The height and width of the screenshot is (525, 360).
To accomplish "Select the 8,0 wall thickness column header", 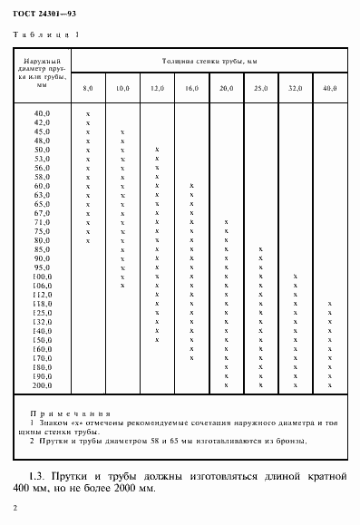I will click(88, 88).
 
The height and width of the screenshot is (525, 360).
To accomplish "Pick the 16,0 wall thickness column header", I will click(191, 88).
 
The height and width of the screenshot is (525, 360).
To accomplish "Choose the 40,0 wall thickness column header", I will click(329, 88).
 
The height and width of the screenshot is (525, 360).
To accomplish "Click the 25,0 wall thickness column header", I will click(260, 88).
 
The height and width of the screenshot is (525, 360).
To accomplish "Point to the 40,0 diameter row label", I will click(42, 112).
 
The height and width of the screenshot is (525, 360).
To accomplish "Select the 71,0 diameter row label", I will click(42, 222).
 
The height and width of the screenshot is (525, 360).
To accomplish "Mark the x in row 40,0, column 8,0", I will click(88, 112).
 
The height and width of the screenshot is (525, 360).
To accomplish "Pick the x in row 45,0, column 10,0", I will click(122, 131).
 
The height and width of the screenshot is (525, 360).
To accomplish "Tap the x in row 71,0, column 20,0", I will click(226, 222).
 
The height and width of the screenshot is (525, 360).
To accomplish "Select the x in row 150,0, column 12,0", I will click(157, 340).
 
